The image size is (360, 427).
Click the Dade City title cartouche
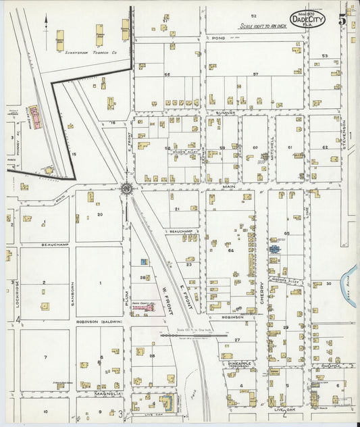point(307,19)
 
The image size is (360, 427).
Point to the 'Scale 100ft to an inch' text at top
point(263,26)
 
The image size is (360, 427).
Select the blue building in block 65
point(274,249)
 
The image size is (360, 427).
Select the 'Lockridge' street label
point(14,290)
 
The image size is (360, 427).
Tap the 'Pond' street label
point(217,39)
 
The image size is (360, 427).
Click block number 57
point(255,74)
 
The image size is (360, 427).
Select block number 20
point(99,214)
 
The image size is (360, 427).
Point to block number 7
point(45,356)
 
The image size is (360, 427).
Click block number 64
point(230,251)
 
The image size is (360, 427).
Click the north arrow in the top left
point(46,22)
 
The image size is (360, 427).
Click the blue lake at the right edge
point(349,276)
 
